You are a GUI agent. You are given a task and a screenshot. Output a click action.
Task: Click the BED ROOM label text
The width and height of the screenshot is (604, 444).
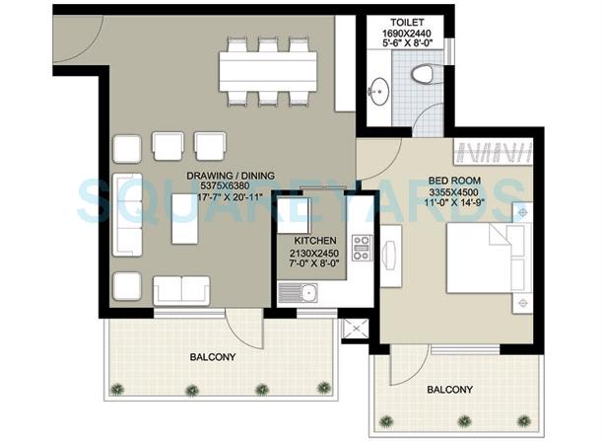pyautogui.click(x=455, y=181)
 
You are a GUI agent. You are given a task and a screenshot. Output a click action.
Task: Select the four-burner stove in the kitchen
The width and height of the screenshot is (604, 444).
pyautogui.click(x=362, y=248)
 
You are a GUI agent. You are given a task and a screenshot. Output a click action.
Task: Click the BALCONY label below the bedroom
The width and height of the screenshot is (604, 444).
pyautogui.click(x=451, y=390)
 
